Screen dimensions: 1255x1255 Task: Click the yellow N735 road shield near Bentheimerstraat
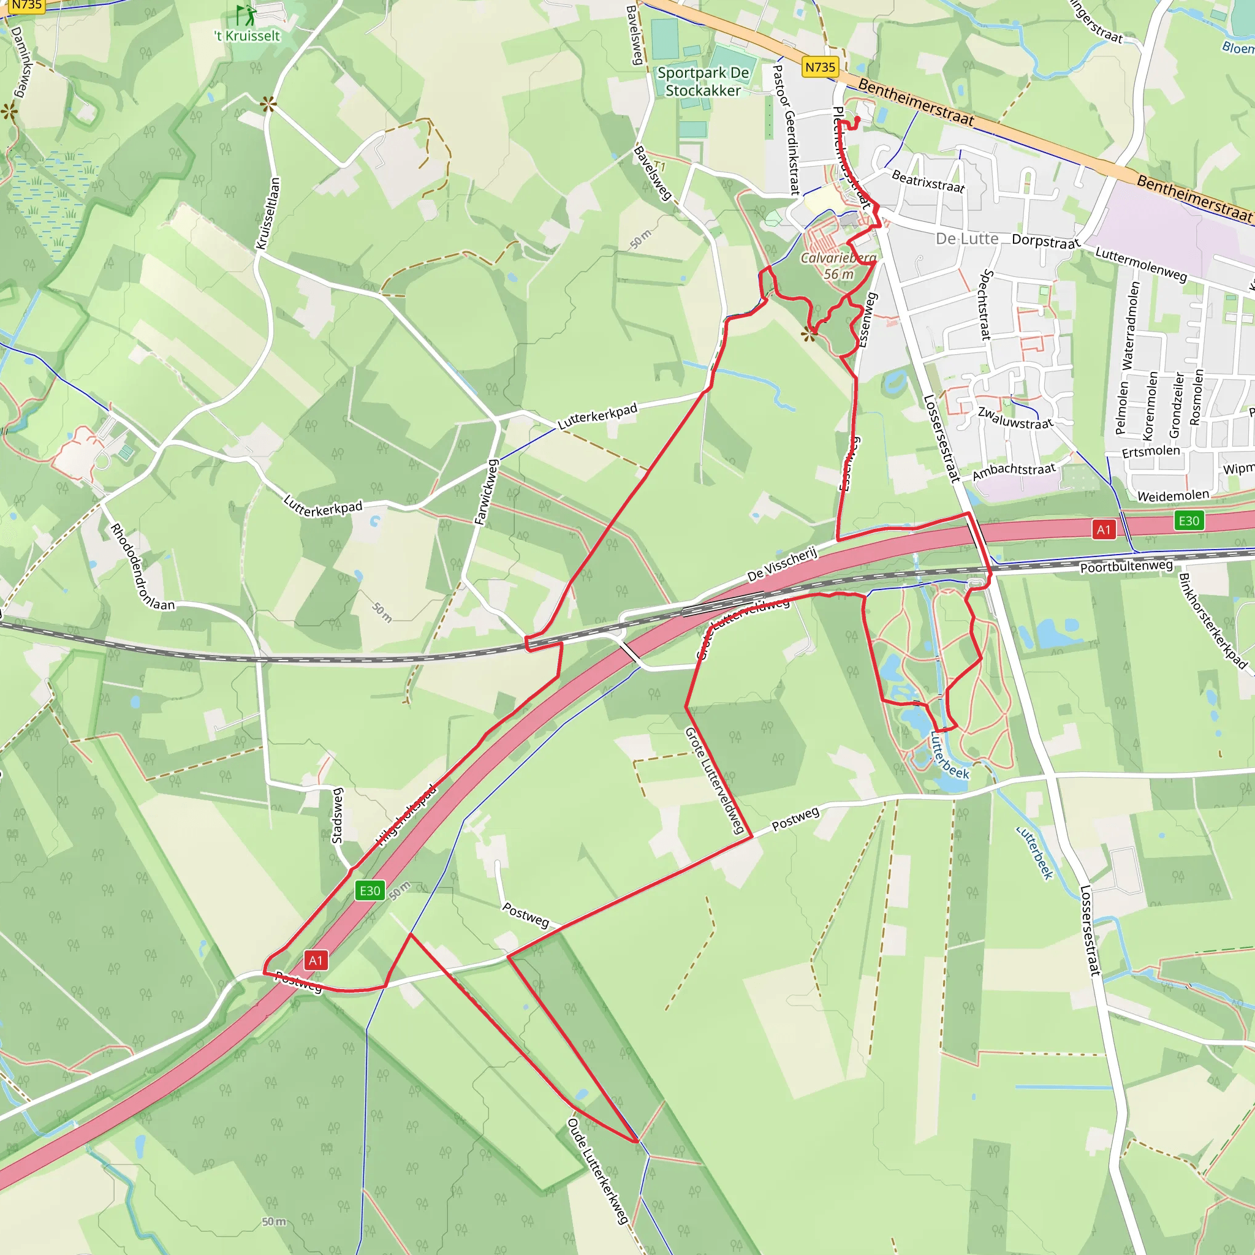820,67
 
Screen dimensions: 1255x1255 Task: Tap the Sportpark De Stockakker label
703,82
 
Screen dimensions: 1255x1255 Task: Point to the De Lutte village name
966,239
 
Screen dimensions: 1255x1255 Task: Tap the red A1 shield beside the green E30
1104,529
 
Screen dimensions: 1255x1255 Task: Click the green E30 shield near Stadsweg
370,890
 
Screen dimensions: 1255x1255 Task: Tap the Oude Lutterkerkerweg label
598,1170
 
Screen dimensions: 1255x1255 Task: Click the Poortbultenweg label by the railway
1126,566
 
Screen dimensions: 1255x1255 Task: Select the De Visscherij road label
782,564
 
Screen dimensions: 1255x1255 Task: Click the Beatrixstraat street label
928,181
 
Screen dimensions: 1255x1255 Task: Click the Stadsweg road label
337,815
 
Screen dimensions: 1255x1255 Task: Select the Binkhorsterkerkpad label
1213,620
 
